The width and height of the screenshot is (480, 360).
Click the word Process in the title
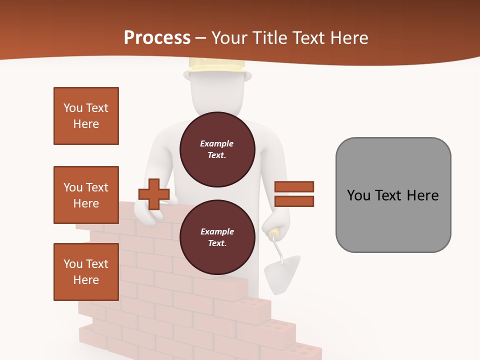pos(157,38)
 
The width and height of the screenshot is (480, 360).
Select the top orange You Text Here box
pos(86,116)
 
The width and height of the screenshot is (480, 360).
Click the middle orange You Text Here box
pos(86,195)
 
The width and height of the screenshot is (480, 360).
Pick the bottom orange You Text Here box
pos(86,272)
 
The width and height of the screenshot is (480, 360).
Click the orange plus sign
pos(153,194)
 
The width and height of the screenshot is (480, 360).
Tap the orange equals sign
pos(294,194)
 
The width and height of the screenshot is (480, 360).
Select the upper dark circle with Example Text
pos(217,149)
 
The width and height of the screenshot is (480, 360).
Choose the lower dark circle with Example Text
pos(217,237)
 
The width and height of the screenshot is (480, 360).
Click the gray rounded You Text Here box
pos(393,195)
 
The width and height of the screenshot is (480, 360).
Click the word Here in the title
pos(349,38)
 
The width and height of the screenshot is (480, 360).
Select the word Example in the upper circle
pos(216,143)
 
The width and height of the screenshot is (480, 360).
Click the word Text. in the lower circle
pos(217,243)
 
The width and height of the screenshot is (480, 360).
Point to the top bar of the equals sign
pos(294,187)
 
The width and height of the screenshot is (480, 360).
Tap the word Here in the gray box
pos(423,195)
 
